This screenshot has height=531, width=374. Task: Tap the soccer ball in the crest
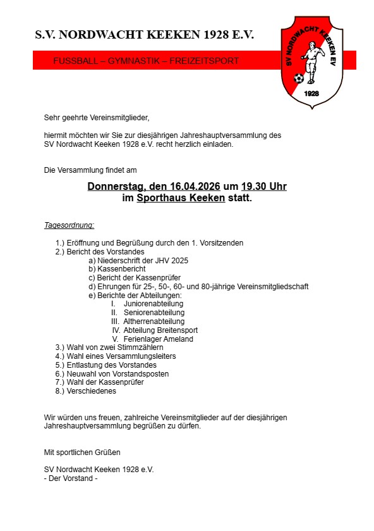click(x=299, y=79)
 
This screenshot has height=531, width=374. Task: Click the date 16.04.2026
click(x=195, y=187)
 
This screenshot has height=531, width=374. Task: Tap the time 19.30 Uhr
click(x=264, y=187)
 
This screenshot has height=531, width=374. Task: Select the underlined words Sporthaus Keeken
click(x=181, y=197)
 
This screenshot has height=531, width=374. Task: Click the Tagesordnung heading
click(x=69, y=225)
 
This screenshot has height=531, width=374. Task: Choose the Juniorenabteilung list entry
click(x=154, y=304)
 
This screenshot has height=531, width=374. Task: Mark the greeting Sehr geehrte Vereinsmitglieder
click(x=97, y=117)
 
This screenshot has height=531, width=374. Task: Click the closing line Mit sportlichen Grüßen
click(x=82, y=453)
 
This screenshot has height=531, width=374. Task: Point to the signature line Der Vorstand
click(x=73, y=478)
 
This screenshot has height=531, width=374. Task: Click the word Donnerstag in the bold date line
click(x=116, y=187)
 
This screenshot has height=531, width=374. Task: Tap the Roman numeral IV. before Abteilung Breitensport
click(x=116, y=330)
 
